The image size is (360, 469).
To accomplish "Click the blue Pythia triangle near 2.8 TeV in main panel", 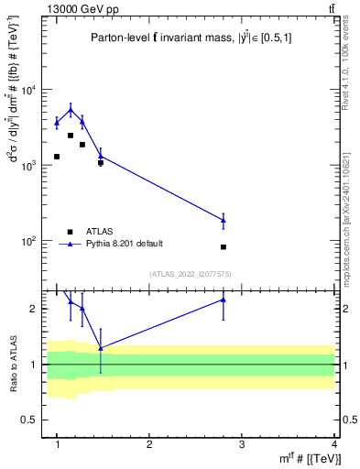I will [x=224, y=220].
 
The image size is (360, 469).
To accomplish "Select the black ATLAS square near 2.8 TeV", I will [x=224, y=247].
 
